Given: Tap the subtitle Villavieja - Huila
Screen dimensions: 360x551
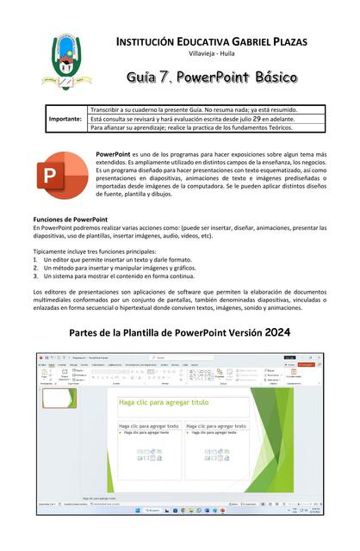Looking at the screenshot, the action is pyautogui.click(x=211, y=54).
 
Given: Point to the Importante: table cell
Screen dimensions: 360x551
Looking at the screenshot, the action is pyautogui.click(x=64, y=119).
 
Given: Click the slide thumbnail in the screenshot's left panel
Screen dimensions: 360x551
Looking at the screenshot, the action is pyautogui.click(x=58, y=398).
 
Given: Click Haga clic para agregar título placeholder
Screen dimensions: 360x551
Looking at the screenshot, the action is pyautogui.click(x=164, y=402).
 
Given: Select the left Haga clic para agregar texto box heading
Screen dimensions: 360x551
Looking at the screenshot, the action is pyautogui.click(x=149, y=426).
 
